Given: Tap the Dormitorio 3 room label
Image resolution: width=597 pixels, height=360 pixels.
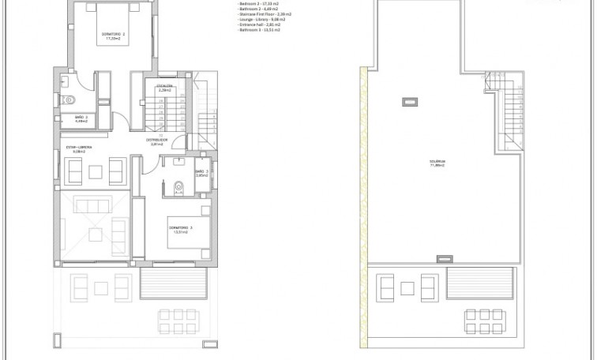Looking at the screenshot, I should (181, 230).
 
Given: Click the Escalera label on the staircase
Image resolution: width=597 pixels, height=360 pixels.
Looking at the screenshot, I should (164, 87).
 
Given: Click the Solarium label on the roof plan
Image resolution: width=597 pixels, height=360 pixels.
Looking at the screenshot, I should (437, 163).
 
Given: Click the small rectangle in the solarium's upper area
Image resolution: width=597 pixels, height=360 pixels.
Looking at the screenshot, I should (410, 101).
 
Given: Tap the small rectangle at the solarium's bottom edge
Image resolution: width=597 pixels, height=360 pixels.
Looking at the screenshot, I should (446, 258).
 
